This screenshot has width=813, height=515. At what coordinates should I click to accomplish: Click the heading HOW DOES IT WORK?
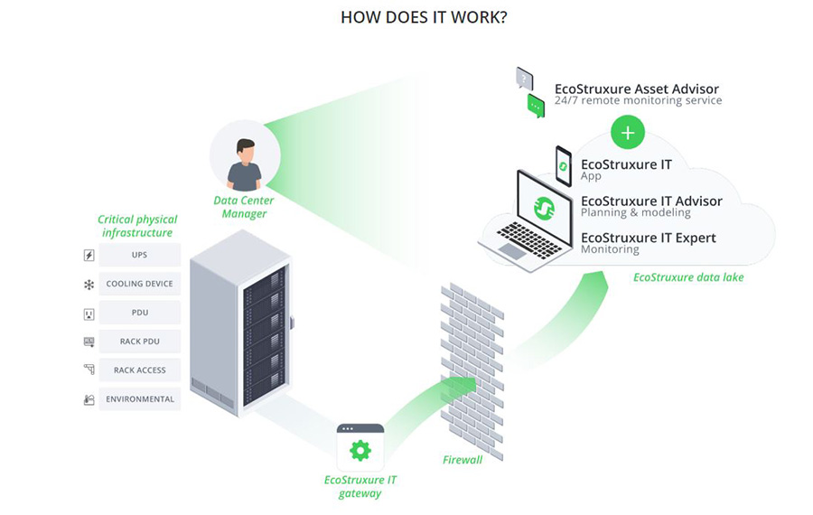pyautogui.click(x=424, y=17)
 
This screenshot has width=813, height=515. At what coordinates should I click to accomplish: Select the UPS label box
pyautogui.click(x=139, y=255)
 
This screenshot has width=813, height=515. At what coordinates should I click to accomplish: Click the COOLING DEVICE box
pyautogui.click(x=139, y=284)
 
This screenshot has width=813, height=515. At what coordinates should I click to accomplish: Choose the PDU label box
pyautogui.click(x=139, y=313)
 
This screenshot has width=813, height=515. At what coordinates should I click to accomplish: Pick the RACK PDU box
pyautogui.click(x=139, y=342)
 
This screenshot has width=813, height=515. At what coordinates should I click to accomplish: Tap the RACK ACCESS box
pyautogui.click(x=139, y=370)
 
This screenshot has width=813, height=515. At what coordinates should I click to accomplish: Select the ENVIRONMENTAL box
pyautogui.click(x=139, y=399)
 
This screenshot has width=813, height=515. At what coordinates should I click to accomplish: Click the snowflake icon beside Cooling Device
pyautogui.click(x=89, y=285)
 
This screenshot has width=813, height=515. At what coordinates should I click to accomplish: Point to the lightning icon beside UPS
pyautogui.click(x=89, y=256)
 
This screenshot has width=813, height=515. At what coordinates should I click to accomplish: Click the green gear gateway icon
pyautogui.click(x=360, y=449)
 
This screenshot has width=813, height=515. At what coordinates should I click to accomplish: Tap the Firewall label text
pyautogui.click(x=463, y=460)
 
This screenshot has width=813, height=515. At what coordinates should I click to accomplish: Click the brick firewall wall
pyautogui.click(x=471, y=361)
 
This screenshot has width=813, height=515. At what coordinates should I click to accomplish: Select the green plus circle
pyautogui.click(x=628, y=133)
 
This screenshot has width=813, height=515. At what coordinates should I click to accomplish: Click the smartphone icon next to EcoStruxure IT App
pyautogui.click(x=564, y=166)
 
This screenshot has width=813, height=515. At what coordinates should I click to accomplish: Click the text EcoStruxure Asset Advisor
pyautogui.click(x=637, y=89)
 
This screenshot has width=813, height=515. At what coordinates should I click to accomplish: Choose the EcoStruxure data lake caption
pyautogui.click(x=688, y=277)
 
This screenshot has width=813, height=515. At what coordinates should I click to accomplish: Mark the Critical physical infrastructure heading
pyautogui.click(x=137, y=226)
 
